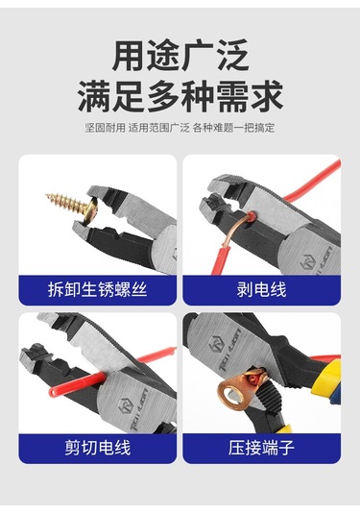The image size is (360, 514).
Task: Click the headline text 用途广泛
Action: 180,55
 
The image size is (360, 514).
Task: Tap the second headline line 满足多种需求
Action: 180,96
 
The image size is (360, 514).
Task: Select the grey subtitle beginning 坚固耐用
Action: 180,128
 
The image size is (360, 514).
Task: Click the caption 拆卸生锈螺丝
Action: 97,290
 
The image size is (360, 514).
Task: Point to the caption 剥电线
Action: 261,290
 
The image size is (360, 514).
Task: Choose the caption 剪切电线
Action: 97,448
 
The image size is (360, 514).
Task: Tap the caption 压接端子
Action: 261,448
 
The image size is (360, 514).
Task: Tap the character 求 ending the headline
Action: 267,96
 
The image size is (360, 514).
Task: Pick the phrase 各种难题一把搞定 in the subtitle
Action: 233,128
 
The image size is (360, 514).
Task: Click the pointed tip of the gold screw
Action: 46,196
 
